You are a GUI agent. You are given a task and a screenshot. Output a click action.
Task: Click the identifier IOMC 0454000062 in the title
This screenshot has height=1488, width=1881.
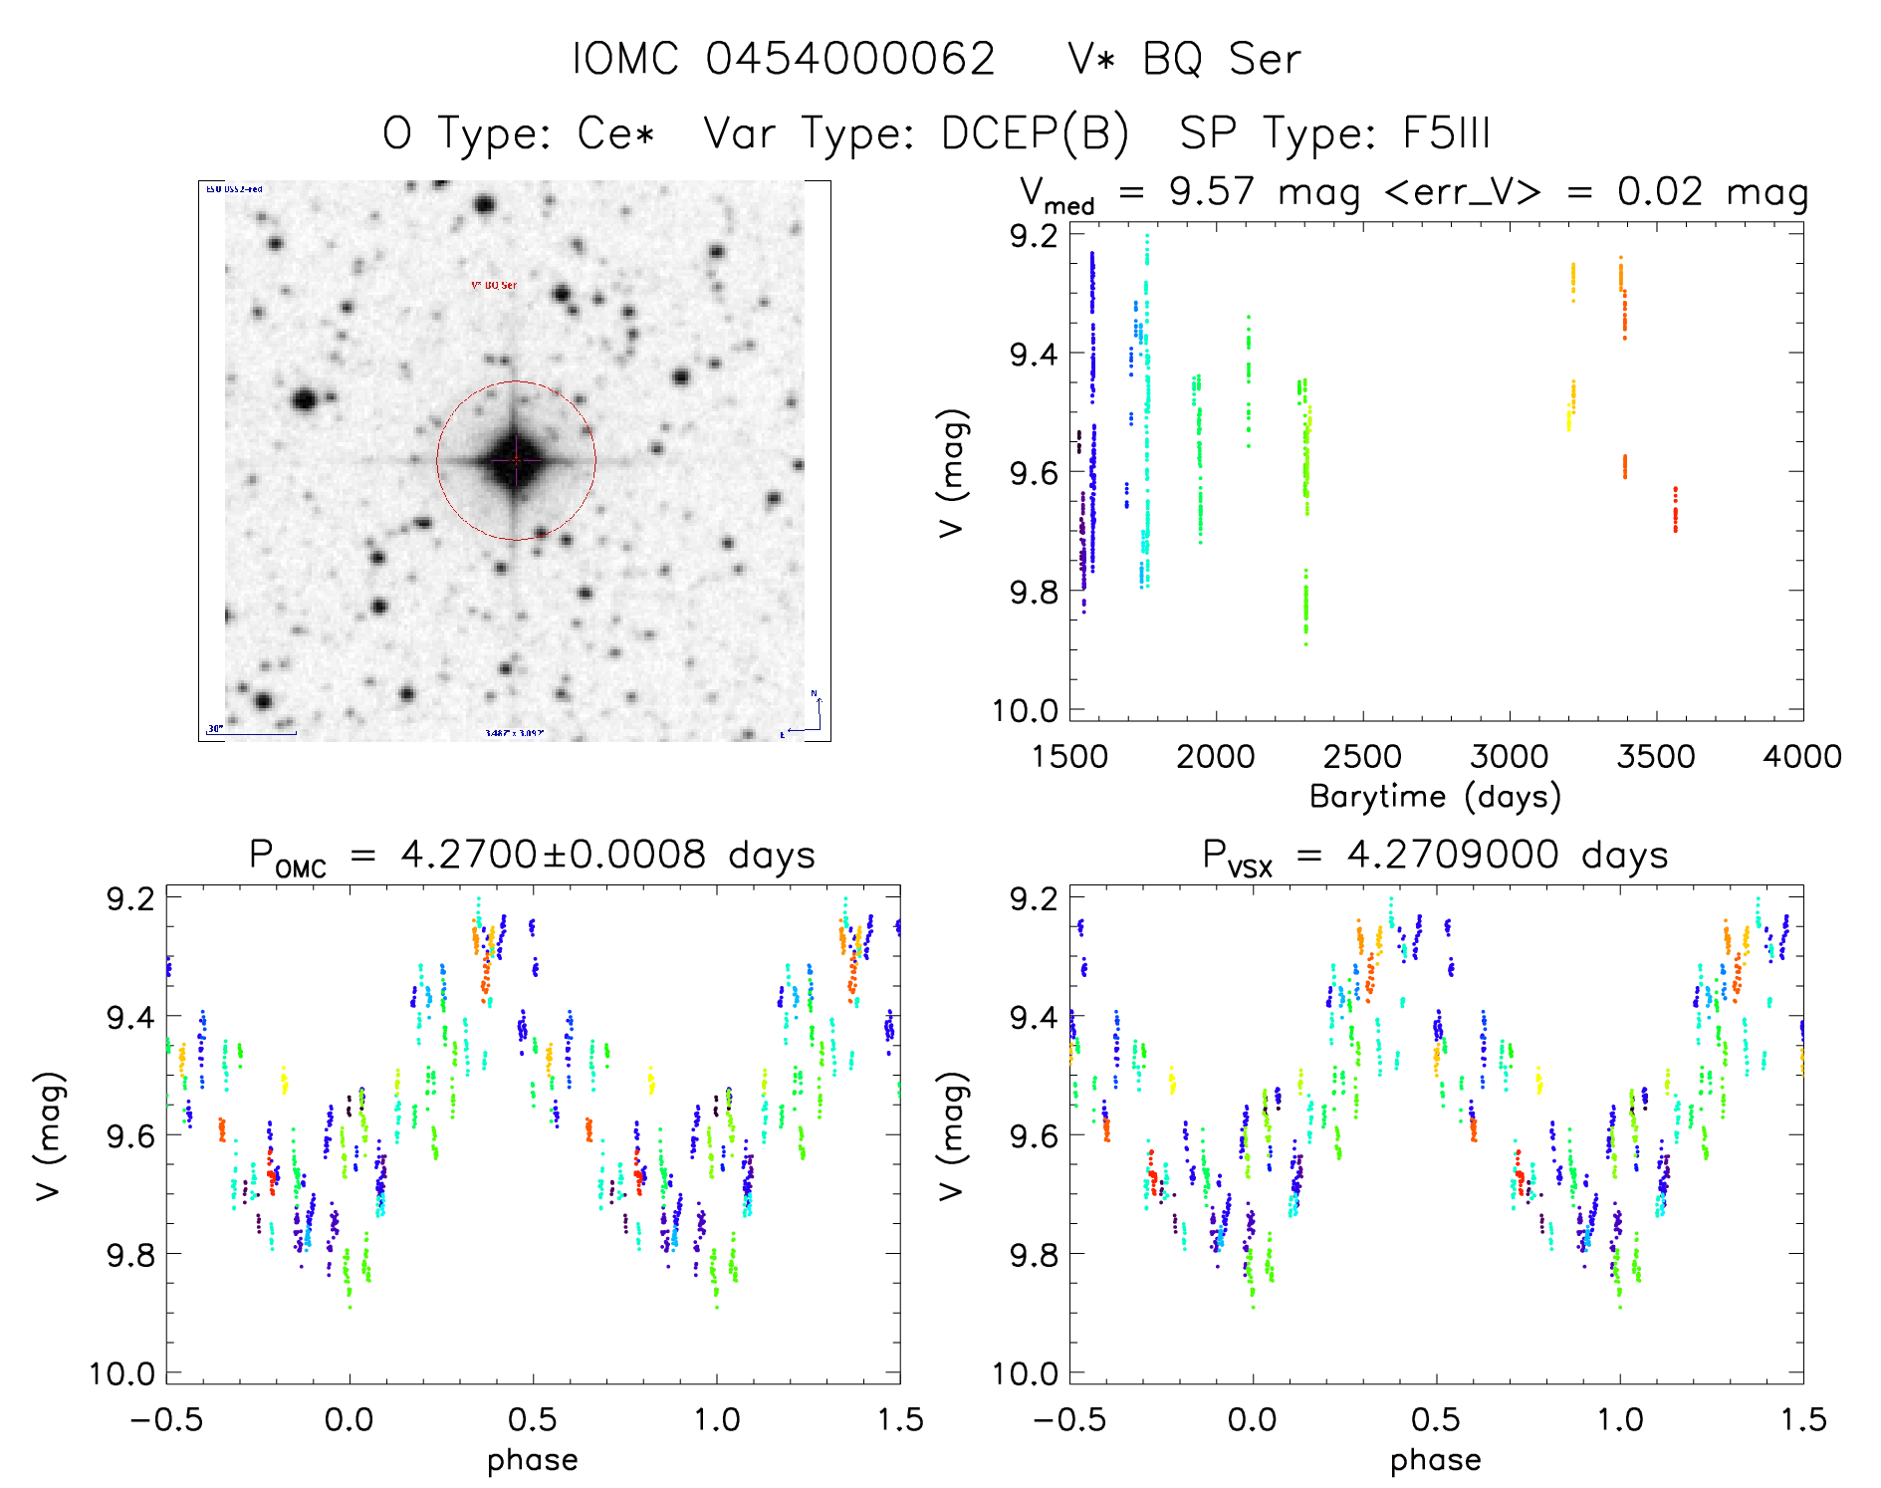click(784, 60)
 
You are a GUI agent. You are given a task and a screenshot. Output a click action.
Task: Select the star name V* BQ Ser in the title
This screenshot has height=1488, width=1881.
click(1184, 60)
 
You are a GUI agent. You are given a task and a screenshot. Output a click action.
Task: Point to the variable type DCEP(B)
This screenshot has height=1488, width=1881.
click(1035, 133)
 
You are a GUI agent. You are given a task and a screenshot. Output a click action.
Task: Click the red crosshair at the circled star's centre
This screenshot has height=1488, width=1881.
click(516, 460)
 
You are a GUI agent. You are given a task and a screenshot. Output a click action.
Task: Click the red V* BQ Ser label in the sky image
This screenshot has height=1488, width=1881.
click(494, 286)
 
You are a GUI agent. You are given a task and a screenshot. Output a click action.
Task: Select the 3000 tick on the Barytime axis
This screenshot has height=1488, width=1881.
click(1509, 757)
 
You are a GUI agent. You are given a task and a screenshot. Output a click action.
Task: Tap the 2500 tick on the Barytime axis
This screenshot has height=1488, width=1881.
click(1362, 757)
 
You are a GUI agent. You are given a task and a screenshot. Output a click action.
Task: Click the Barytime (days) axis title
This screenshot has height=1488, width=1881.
click(1435, 797)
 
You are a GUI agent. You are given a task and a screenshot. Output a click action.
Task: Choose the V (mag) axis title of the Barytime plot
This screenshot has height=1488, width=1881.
click(952, 473)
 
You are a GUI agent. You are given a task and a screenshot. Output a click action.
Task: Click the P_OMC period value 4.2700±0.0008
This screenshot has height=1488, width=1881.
click(553, 856)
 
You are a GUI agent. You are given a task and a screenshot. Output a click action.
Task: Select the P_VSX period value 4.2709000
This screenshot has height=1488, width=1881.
click(1453, 856)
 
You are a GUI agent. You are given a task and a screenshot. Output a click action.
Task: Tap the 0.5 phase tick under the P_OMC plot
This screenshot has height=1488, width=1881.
click(533, 1419)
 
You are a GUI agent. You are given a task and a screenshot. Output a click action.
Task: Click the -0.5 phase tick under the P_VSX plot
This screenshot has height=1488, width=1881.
click(1068, 1419)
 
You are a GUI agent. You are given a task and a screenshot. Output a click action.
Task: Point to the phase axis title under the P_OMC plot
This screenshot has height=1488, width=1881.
click(533, 1460)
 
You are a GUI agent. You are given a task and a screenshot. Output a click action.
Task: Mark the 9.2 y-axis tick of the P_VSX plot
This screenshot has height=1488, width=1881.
click(1034, 898)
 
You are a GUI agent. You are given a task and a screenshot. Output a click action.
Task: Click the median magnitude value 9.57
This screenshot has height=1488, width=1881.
click(1211, 192)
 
